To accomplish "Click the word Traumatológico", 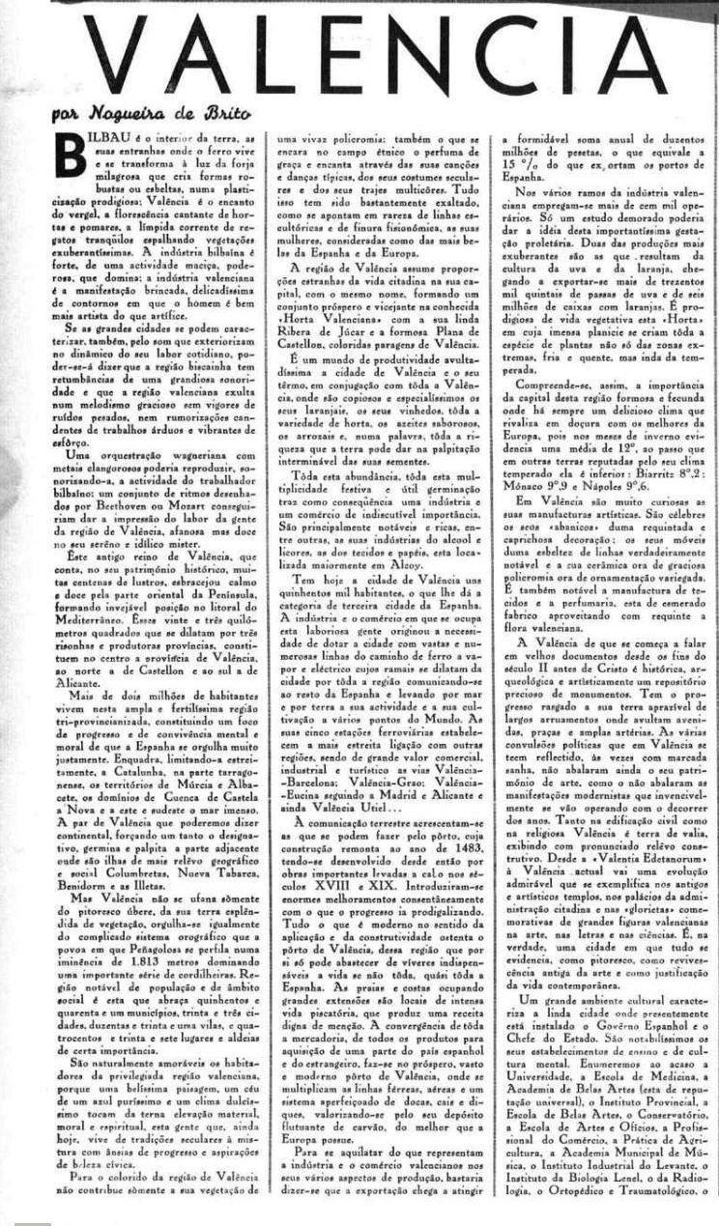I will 636,1191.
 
